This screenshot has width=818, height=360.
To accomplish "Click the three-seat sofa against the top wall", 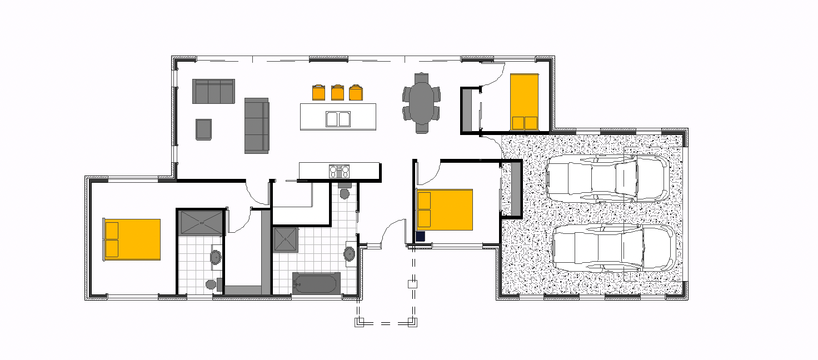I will pos(213,91).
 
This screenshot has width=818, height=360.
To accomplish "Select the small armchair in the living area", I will pos(203,129).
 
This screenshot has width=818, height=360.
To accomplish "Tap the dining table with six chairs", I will pos(422,103).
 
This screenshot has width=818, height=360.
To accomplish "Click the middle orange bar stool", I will pos(337,92).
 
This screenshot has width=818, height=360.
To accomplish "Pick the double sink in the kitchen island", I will pos(338,119).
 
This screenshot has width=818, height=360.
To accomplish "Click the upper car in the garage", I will pos(607,178).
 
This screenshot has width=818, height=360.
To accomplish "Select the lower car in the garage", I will pos(614,248).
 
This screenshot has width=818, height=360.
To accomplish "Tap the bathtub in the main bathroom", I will pos(315,283).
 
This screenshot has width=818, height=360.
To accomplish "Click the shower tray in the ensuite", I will pos(201,222).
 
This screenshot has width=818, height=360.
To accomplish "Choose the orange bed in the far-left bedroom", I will pos(132,239).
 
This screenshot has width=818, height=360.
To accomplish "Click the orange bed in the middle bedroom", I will pos(445,210).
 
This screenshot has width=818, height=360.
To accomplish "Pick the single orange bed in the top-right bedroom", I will pos(524,102).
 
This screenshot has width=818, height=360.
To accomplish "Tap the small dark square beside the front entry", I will pos(420,236).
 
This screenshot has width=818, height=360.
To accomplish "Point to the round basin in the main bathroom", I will pos(350,254).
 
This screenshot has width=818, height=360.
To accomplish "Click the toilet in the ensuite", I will pos(211,284).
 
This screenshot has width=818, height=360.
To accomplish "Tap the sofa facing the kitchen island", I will pos(257,126).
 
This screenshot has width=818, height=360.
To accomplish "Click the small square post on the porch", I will pos(412,284).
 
